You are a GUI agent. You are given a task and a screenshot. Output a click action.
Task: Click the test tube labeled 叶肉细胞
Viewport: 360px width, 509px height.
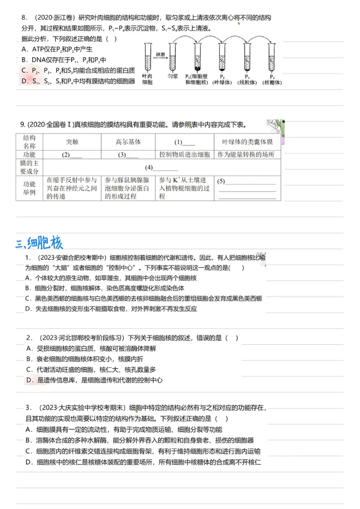coord(147,58)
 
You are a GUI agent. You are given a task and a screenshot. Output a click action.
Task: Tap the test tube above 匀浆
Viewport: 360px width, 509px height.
coord(173,58)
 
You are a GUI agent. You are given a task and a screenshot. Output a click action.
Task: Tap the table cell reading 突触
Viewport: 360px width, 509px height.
coord(72,141)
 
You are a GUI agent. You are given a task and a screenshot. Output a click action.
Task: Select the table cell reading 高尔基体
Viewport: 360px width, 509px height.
coord(128,141)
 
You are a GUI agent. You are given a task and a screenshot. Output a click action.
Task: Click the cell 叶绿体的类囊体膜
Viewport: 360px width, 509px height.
coord(248,141)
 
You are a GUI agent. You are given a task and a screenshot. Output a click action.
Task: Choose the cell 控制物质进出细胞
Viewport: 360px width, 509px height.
coord(184,154)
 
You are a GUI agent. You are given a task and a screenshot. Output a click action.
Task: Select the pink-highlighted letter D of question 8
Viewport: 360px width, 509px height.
coord(24,81)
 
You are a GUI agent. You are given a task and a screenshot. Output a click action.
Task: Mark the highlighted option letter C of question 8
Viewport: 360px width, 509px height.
coord(24,70)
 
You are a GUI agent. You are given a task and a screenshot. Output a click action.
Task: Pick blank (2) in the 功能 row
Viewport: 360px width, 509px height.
coord(72,155)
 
